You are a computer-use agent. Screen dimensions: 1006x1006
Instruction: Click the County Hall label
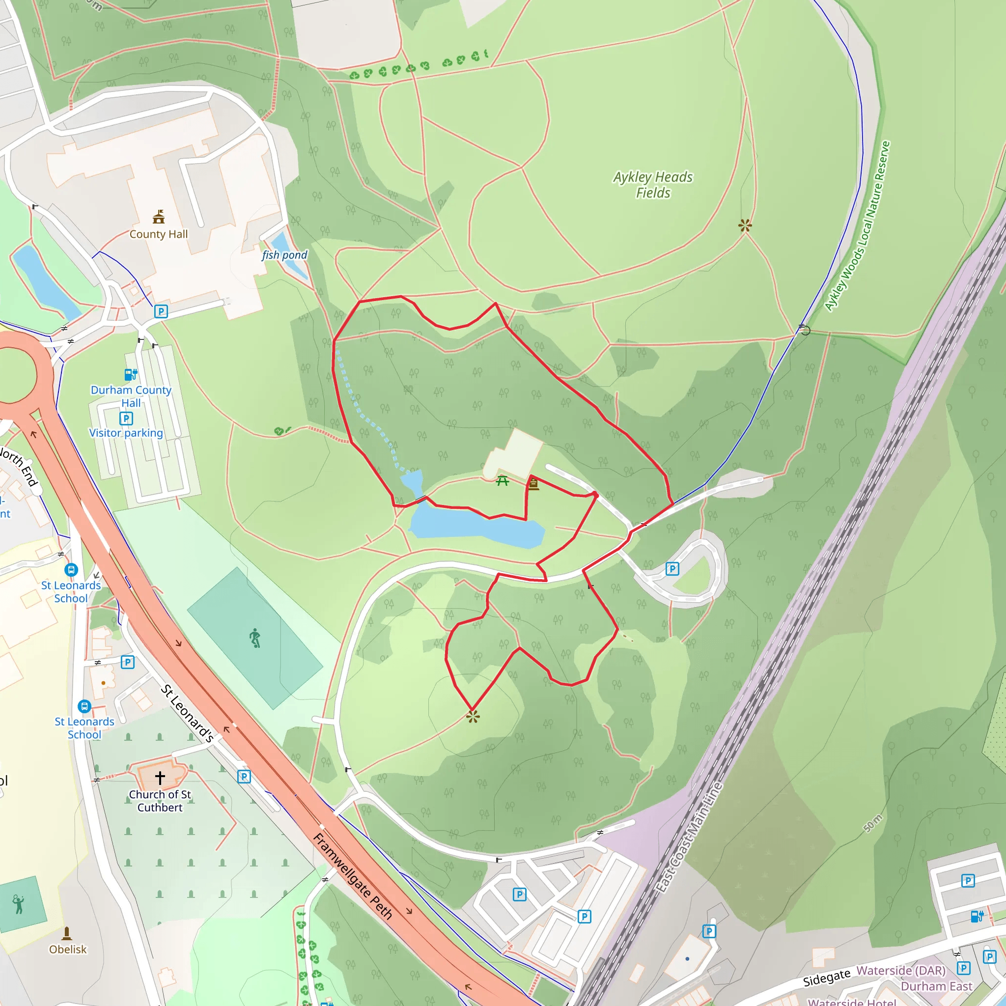pos(158,234)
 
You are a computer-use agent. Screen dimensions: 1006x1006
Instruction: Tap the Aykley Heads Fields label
pos(653,185)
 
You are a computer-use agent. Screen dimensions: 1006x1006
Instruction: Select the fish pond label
pos(284,255)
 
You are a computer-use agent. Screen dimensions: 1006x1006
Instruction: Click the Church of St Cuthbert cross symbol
pos(160,778)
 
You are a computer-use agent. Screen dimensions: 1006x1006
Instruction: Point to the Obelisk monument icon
pos(67,933)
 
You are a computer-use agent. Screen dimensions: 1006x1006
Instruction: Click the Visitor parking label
pos(126,433)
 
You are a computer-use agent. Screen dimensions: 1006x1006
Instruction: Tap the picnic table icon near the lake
pos(502,480)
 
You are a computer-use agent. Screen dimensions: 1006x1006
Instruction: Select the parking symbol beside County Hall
pos(161,311)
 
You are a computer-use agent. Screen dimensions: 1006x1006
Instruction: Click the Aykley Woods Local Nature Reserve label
pos(858,226)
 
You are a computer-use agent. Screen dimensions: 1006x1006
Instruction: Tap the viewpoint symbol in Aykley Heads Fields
pos(745,225)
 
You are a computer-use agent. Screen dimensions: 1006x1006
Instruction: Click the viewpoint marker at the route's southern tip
pos(472,718)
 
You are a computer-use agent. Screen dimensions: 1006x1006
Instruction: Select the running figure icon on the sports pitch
pos(254,638)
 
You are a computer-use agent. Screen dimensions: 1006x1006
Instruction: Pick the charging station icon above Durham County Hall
pos(131,374)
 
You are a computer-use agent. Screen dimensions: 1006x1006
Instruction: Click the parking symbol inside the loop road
pos(672,569)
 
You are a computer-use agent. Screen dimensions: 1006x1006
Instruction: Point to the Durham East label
pos(936,986)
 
